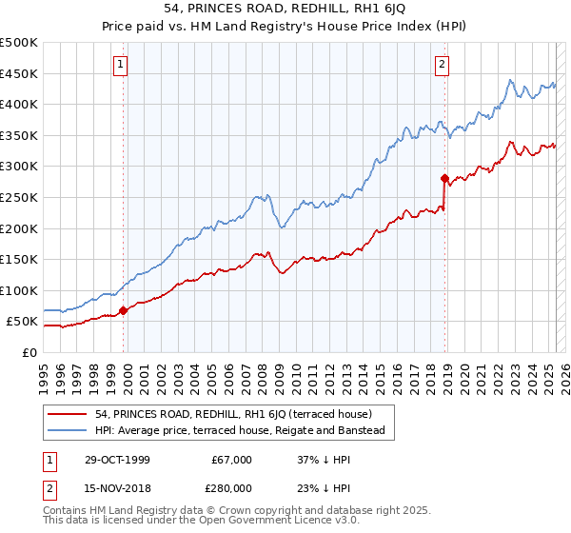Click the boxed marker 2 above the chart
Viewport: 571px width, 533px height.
pyautogui.click(x=443, y=65)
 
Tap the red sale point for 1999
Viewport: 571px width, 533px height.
pyautogui.click(x=124, y=310)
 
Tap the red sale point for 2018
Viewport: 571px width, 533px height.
pyautogui.click(x=444, y=178)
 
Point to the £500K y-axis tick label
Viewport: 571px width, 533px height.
pyautogui.click(x=19, y=43)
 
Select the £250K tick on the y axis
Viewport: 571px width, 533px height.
pyautogui.click(x=19, y=197)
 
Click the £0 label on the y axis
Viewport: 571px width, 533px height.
pyautogui.click(x=29, y=352)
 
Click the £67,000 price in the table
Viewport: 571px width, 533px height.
pyautogui.click(x=231, y=460)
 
